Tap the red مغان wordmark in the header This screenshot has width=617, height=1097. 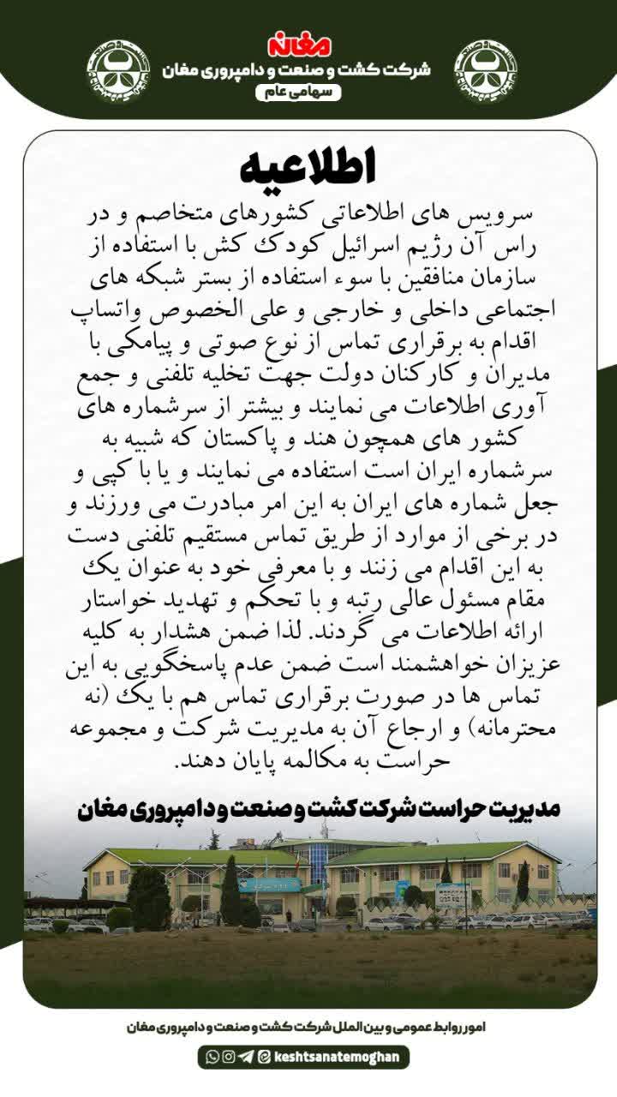coord(308,44)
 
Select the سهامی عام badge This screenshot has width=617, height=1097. coord(309,92)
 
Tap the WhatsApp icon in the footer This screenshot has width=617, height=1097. coord(212,1057)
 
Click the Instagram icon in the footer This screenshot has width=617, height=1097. coord(228,1057)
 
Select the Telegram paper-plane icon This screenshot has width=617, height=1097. coord(245,1057)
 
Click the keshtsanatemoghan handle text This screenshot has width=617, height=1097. coord(335,1057)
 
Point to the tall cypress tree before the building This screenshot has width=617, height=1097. coord(230,890)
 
